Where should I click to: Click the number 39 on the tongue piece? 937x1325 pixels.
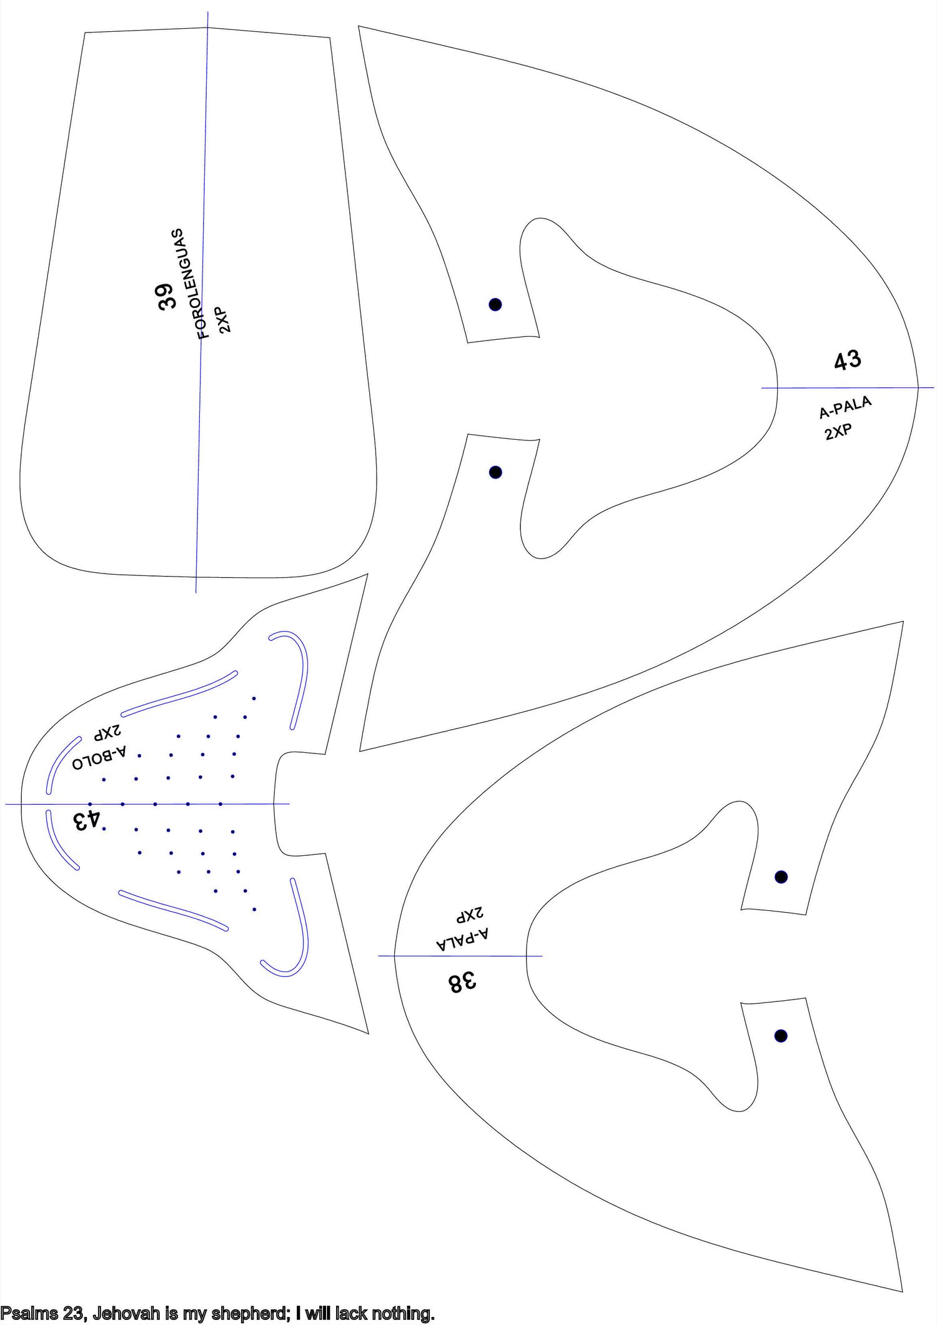166,296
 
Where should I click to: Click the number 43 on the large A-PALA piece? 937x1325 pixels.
848,361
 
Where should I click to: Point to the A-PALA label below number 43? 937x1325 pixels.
845,407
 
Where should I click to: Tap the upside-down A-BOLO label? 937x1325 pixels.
100,755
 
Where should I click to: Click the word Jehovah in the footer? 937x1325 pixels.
127,1314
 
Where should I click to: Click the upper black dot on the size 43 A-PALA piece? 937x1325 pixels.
495,304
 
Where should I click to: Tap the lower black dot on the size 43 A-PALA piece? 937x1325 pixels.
495,472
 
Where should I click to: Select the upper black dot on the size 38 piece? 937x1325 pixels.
781,877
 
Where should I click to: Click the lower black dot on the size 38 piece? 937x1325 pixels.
781,1036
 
